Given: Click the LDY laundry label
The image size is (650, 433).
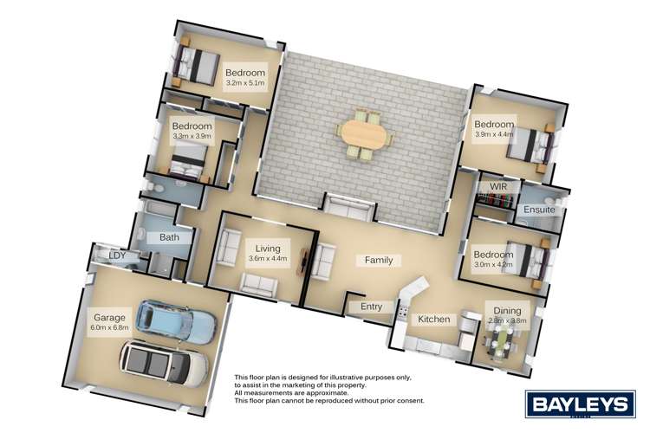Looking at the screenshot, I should pos(117,255).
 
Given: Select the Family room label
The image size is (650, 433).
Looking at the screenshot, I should pos(378,260).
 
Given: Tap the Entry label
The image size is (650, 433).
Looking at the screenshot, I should pos(371,306).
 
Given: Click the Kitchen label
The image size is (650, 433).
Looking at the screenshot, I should pos(433,320).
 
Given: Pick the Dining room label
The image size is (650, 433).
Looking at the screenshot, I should pos(508,311).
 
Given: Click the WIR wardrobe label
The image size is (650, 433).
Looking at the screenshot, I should pos(498,186).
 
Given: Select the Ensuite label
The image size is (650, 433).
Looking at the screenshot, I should pos(538,210).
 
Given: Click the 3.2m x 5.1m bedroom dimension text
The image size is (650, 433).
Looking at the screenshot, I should pos(245,85).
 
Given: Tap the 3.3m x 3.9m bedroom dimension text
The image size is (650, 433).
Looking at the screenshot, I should pos(192,137).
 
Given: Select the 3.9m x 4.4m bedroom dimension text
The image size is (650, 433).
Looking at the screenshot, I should pos(494,135).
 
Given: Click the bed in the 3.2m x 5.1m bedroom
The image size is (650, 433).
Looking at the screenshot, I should pos(196,66).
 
